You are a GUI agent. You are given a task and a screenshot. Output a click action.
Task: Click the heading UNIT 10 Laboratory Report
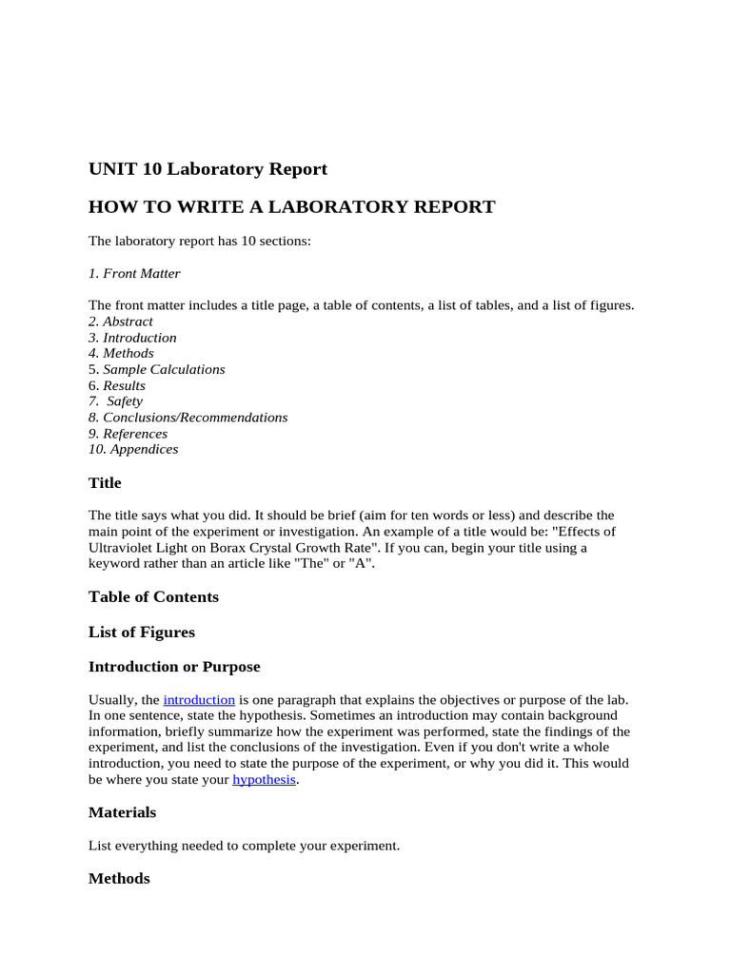(207, 169)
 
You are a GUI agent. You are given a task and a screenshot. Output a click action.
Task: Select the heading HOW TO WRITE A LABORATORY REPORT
(291, 206)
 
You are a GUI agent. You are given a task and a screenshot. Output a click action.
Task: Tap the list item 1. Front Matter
(134, 274)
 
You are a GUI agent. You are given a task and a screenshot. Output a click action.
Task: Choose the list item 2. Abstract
(121, 321)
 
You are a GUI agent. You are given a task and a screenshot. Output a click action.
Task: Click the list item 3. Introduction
(132, 338)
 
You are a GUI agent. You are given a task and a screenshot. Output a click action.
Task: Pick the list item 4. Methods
(121, 354)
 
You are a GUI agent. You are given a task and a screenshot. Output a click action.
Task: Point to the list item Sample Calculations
(164, 369)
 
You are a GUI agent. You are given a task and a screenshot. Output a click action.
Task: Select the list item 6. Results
(117, 385)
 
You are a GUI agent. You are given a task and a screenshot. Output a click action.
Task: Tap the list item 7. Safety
(116, 401)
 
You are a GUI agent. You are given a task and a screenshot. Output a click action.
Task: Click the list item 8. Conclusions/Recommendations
(188, 418)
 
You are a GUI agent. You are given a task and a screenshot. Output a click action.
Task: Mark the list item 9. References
(128, 434)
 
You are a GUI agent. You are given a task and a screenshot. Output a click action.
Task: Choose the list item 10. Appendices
(133, 449)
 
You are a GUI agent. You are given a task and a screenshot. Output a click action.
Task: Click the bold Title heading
(105, 483)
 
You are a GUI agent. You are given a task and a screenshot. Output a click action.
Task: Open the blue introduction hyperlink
(199, 700)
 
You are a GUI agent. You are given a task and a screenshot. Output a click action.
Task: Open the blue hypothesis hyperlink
(264, 780)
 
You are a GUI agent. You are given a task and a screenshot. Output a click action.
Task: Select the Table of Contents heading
(153, 596)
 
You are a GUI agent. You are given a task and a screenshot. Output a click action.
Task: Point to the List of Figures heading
(142, 632)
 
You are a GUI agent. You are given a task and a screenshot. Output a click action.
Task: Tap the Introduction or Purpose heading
(174, 667)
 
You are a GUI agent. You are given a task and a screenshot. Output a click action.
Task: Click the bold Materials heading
(122, 812)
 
